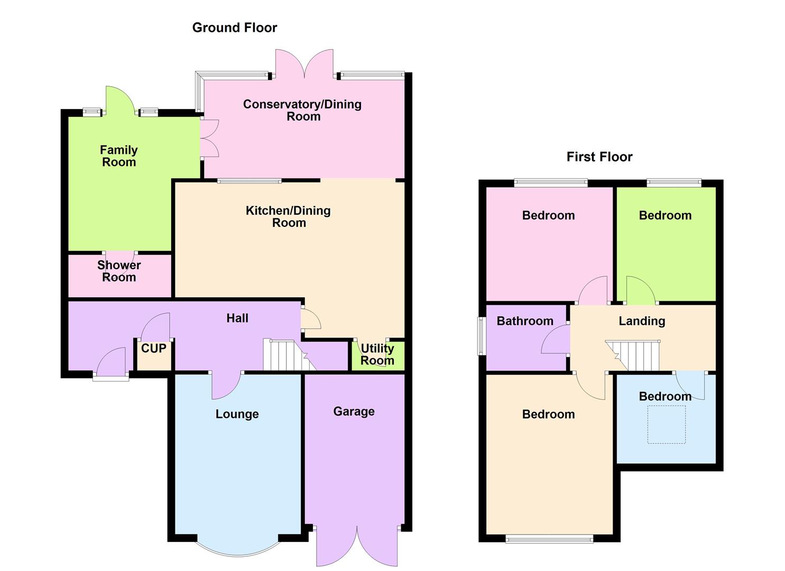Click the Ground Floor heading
(234, 27)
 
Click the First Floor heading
(599, 156)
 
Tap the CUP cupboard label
(153, 348)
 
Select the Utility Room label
(377, 354)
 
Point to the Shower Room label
(119, 271)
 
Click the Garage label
(354, 411)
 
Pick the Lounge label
(237, 414)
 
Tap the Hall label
(237, 318)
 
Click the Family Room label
(119, 156)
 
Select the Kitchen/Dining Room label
(289, 216)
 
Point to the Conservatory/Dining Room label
(302, 110)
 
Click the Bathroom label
(525, 321)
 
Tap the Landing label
(642, 321)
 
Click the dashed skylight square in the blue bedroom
(666, 425)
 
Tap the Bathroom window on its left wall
(481, 336)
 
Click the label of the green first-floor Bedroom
(665, 215)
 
